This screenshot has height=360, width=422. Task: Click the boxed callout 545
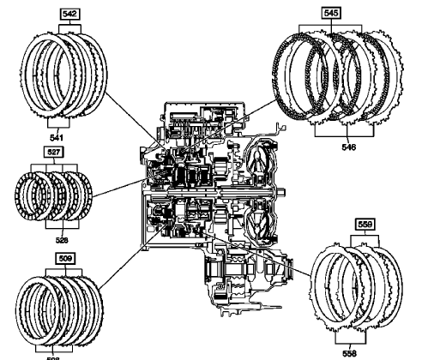(330, 14)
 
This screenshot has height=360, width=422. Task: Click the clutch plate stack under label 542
(68, 75)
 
